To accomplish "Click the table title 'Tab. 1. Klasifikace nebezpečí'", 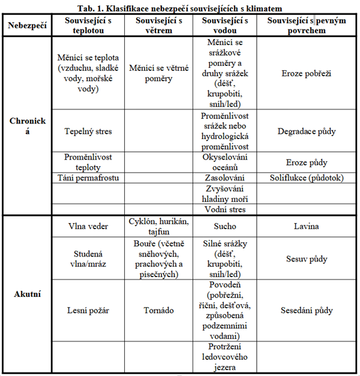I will pos(181,7).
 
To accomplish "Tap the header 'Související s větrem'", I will pos(159,26).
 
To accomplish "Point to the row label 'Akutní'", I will pos(28,294).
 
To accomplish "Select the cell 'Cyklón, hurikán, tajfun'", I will pos(159,227).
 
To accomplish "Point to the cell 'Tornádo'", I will pos(159,311).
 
